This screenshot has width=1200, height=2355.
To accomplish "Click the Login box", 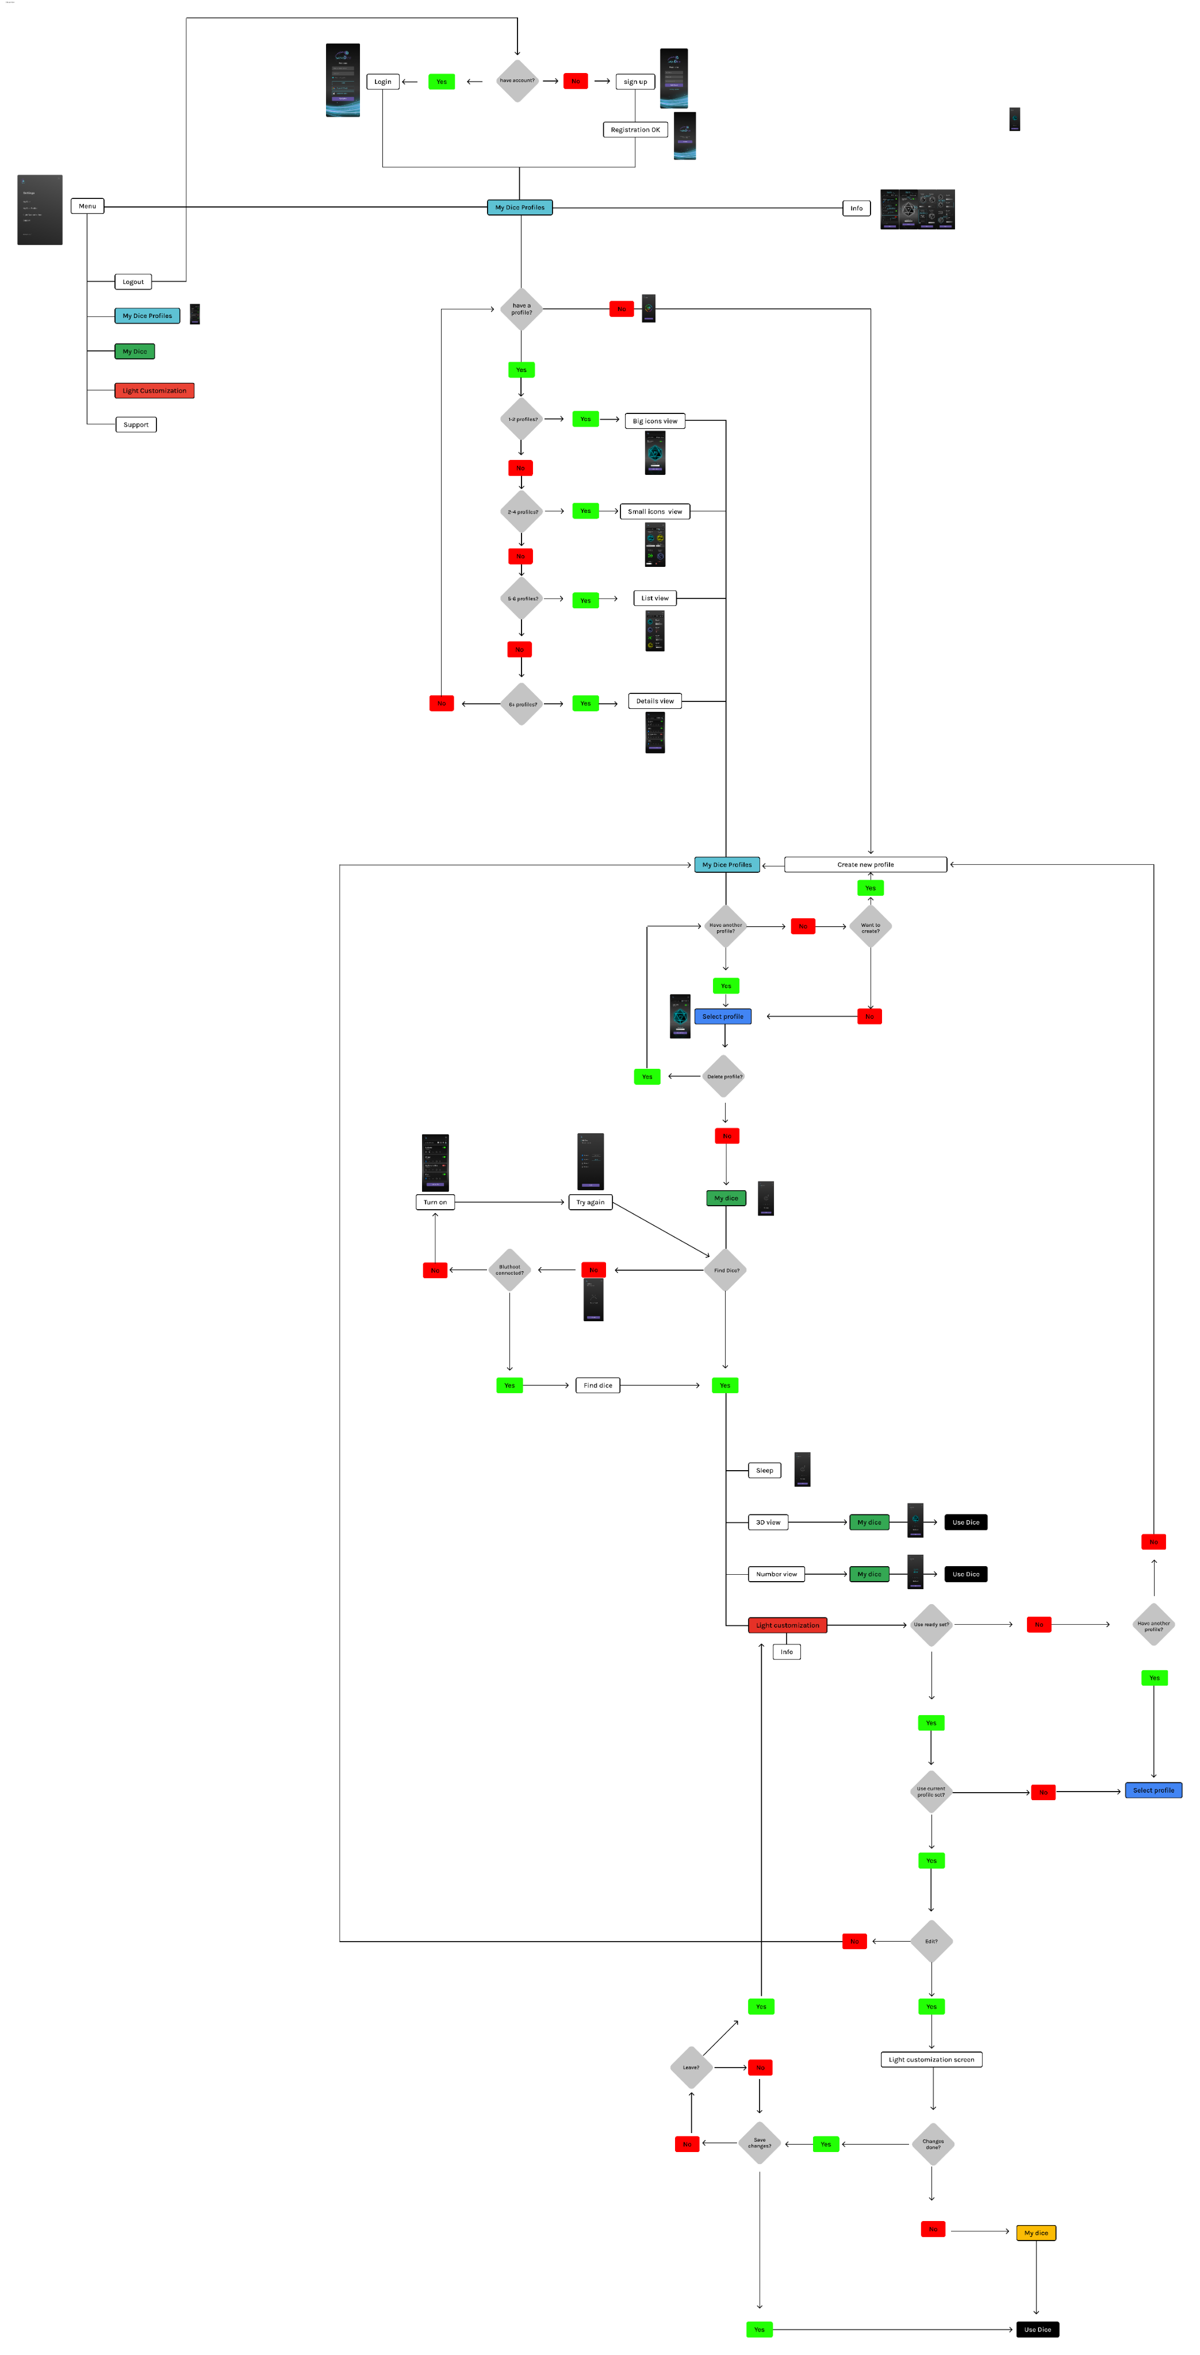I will tap(382, 82).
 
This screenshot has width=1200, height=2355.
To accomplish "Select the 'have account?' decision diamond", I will tap(517, 80).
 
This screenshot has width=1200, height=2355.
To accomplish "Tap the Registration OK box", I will tap(635, 130).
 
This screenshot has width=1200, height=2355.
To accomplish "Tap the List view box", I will tap(654, 598).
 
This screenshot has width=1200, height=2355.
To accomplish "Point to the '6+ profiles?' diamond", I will tap(522, 704).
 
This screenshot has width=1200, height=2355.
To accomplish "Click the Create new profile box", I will tap(865, 864).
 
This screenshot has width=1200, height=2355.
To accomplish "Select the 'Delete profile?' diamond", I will tap(724, 1076).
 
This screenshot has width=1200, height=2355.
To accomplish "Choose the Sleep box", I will tap(764, 1470).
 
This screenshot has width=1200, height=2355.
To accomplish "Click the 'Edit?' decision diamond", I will tap(931, 1941).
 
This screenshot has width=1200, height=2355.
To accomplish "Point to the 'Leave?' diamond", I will tap(691, 2067).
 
